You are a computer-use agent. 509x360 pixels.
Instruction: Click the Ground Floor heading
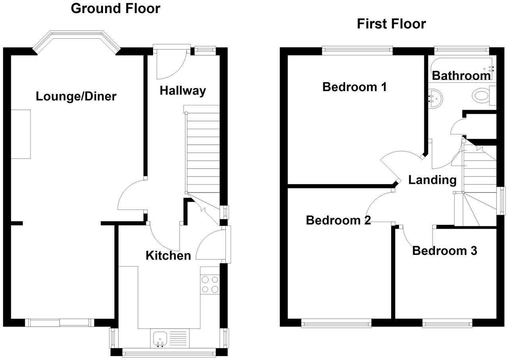coord(115,8)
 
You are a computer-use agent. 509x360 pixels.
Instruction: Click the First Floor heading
coord(391,24)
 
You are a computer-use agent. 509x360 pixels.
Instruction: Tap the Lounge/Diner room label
coord(76,96)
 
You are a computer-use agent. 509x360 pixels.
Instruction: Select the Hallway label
coord(183,91)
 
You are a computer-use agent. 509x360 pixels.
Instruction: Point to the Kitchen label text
coord(168,255)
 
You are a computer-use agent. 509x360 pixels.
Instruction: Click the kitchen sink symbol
coord(160,338)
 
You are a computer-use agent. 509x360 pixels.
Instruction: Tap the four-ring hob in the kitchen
coord(210,284)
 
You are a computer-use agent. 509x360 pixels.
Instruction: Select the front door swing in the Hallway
coord(171,64)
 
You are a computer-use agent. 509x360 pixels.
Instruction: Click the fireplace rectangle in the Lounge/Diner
coord(21,134)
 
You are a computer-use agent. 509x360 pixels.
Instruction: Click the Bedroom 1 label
coord(354,87)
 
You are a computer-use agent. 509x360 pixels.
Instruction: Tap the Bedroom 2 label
coord(338,220)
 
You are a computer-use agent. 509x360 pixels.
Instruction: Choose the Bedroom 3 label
coord(445,251)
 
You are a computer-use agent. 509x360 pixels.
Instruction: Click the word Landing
coord(432,180)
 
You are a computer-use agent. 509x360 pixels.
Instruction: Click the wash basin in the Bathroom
coord(435,98)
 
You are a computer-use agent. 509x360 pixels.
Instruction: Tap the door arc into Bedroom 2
coord(376,205)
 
